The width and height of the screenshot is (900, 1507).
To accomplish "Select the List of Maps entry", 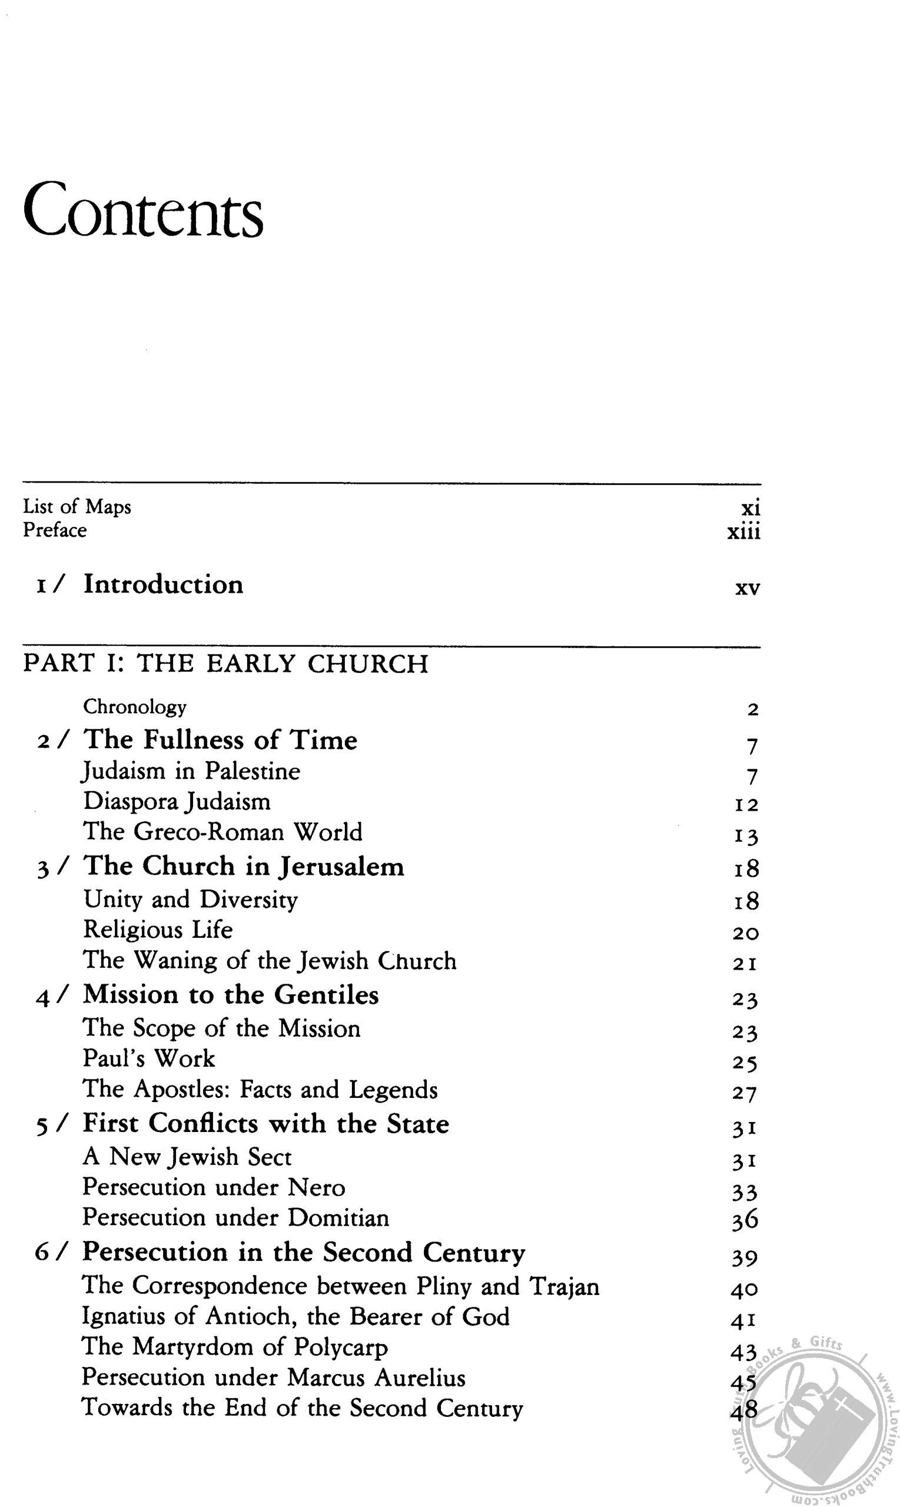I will coord(77,506).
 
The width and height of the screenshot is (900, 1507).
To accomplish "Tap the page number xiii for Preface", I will coord(743,532).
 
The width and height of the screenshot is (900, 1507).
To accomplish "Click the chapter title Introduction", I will coord(163,584).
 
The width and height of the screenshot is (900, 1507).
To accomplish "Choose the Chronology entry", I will coord(135,706).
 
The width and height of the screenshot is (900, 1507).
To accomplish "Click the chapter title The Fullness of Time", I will coord(220,740).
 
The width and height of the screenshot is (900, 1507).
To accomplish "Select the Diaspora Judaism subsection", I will coord(177,801).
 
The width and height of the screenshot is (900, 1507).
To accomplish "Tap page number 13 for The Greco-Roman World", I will coord(746,837).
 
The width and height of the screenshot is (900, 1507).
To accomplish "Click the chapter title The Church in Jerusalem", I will coord(244,866).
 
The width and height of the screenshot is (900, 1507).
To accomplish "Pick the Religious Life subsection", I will coord(158,929).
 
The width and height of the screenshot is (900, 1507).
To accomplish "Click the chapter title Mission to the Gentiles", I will coord(231,994).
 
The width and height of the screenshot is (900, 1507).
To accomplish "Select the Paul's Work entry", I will coord(149,1058).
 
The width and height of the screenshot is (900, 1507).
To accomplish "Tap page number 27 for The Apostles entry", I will coord(745,1093).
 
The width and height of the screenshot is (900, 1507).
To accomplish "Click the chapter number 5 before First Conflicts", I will coord(41,1125).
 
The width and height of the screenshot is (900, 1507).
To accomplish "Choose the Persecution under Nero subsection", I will coord(214,1187).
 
